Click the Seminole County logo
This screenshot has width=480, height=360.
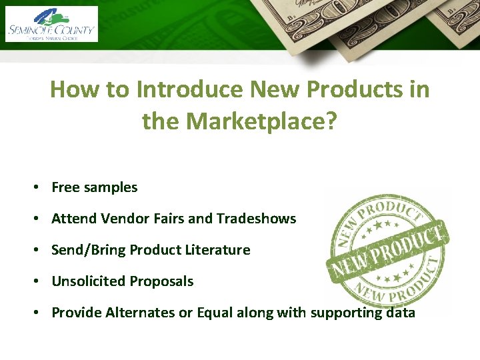click(x=51, y=24)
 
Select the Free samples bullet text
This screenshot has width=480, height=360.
click(x=94, y=187)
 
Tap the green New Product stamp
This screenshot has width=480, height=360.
click(x=387, y=250)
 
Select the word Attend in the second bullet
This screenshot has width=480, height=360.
click(x=74, y=219)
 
